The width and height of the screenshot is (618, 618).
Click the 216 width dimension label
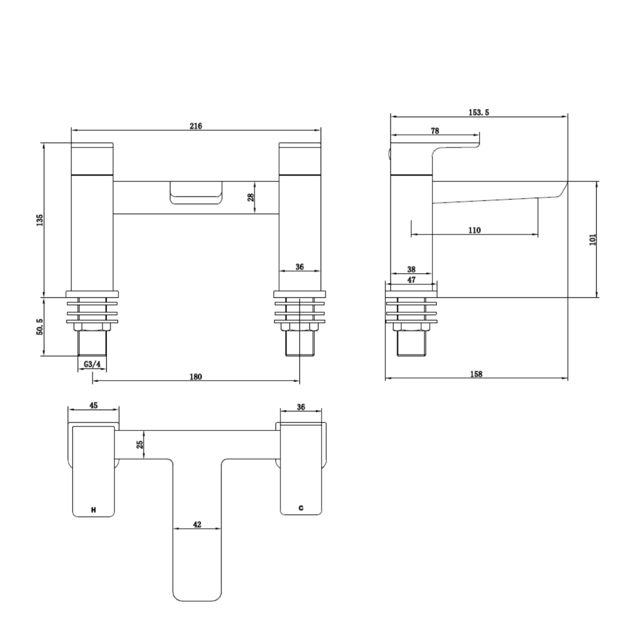(196, 126)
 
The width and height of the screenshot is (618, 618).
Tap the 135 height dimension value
(40, 220)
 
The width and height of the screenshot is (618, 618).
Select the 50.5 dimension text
(40, 326)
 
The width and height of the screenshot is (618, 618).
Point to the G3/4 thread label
(92, 364)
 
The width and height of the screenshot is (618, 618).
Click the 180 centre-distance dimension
(196, 377)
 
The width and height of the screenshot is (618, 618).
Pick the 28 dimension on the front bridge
(250, 197)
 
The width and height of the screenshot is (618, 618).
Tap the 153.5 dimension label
(479, 112)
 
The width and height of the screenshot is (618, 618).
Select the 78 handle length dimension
(435, 131)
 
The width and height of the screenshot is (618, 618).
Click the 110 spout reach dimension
(475, 230)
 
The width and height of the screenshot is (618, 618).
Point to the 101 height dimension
(593, 239)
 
